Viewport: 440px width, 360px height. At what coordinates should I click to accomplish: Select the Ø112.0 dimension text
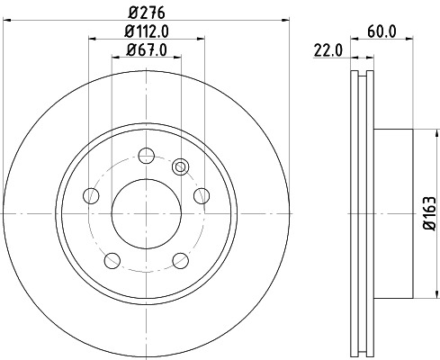coord(147,32)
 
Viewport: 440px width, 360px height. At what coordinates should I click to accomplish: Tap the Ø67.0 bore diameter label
coord(146,49)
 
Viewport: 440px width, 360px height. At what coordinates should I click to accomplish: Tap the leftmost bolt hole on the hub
coord(90,194)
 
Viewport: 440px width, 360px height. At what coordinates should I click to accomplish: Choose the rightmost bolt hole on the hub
coord(202,194)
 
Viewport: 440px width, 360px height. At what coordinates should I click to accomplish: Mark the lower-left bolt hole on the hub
coord(112,260)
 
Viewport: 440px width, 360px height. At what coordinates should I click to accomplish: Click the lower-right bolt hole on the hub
coord(180,260)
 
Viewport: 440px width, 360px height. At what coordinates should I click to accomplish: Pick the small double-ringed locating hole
coord(180,166)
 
